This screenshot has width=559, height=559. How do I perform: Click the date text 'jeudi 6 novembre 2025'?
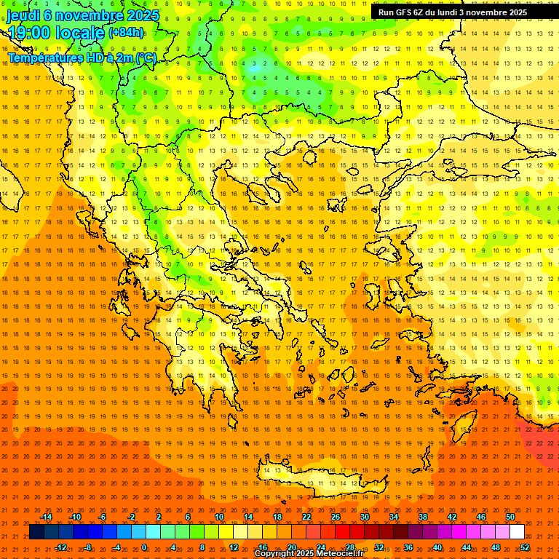83,15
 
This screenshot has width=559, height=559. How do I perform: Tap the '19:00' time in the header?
33,33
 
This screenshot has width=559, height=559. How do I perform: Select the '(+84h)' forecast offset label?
126,33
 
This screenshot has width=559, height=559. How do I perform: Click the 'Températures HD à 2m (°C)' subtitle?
82,58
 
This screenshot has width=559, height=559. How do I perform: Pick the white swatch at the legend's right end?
517,532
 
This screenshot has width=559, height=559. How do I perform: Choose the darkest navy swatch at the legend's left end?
36,532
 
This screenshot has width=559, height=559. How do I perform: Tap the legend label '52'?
525,547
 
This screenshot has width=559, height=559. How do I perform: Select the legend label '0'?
144,547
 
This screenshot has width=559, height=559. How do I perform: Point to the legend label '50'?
510,517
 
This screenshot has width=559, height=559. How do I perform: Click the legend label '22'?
306,517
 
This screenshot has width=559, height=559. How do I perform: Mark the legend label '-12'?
60,547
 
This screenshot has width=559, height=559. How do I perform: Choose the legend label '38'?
423,517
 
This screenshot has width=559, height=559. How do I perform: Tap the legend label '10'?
219,517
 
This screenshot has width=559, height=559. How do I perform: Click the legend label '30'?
365,517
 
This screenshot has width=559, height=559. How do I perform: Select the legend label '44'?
467,547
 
